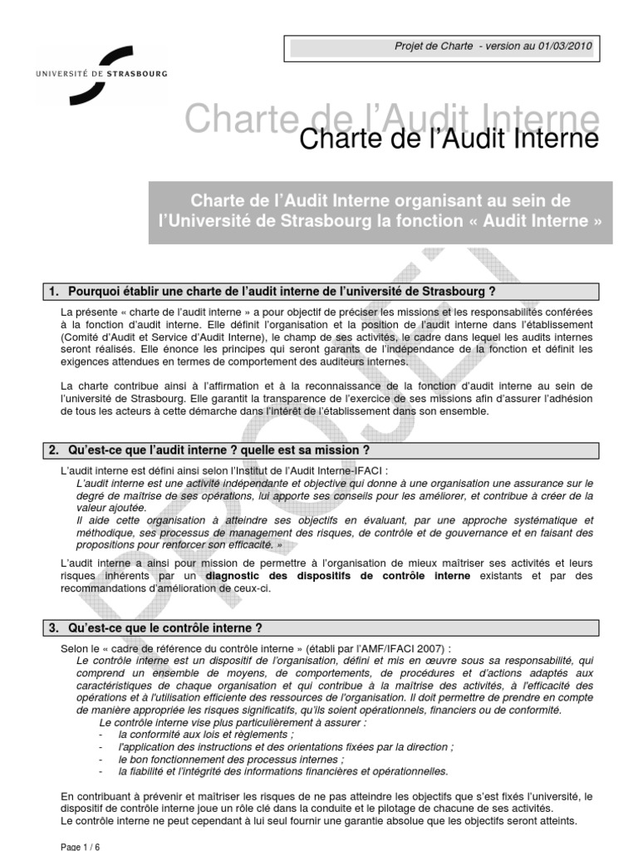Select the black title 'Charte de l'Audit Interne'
pyautogui.click(x=449, y=139)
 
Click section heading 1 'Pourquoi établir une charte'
pyautogui.click(x=272, y=291)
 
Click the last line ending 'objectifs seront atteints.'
pyautogui.click(x=319, y=821)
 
